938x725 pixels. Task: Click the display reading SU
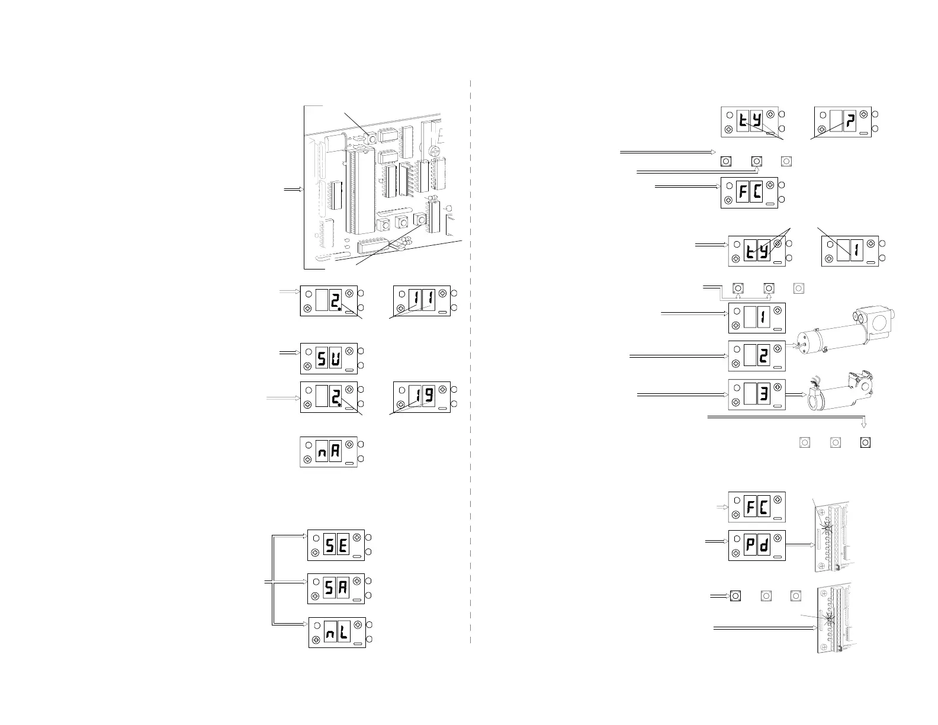coord(329,358)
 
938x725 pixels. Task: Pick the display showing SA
coord(336,589)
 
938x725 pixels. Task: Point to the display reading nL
coord(337,633)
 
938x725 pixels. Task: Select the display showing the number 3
coord(757,394)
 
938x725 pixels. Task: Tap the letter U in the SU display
coord(335,358)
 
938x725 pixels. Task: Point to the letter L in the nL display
coord(343,633)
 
